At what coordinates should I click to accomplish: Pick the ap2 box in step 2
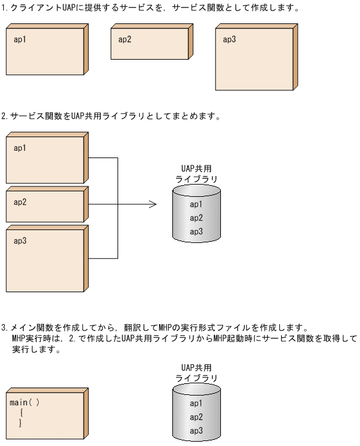pyautogui.click(x=45, y=206)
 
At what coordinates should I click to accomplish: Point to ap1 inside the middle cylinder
pyautogui.click(x=196, y=204)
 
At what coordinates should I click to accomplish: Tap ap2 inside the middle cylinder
pyautogui.click(x=196, y=218)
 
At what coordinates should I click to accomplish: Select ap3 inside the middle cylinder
pyautogui.click(x=196, y=232)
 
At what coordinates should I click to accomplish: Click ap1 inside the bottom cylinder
pyautogui.click(x=196, y=404)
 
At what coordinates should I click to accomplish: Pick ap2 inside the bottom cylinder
pyautogui.click(x=196, y=417)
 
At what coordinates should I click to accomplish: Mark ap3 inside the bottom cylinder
pyautogui.click(x=196, y=431)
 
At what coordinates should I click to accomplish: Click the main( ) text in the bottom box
pyautogui.click(x=25, y=402)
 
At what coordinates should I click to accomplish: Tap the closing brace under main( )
pyautogui.click(x=20, y=423)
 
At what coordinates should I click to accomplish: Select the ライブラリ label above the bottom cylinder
pyautogui.click(x=196, y=378)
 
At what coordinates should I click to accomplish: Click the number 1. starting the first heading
pyautogui.click(x=5, y=9)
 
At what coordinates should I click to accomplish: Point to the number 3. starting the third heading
pyautogui.click(x=5, y=328)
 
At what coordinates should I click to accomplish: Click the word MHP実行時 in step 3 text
pyautogui.click(x=31, y=339)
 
